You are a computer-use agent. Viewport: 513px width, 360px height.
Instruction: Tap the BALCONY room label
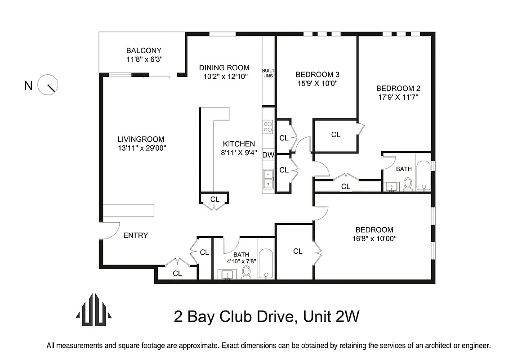point(143,50)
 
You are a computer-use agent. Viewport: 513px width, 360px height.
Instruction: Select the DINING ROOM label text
point(224,67)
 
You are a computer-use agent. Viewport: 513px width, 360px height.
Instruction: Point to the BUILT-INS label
point(268,73)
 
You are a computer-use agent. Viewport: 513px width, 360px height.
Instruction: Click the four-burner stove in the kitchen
point(268,126)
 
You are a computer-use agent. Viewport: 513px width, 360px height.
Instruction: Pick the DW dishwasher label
point(268,155)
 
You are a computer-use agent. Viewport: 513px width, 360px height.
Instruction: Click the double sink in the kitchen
point(268,178)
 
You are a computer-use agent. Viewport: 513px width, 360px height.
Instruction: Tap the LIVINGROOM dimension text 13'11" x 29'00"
point(141,148)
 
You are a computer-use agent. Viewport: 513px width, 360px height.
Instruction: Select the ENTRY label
point(135,235)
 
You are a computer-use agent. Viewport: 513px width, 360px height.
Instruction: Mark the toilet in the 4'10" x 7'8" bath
point(246,272)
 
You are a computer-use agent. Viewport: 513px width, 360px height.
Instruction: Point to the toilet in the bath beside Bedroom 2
point(408,184)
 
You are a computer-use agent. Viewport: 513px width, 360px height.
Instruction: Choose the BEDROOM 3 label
point(317,74)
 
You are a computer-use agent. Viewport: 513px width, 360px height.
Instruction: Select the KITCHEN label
point(239,144)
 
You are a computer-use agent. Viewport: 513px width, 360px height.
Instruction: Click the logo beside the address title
point(94,310)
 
